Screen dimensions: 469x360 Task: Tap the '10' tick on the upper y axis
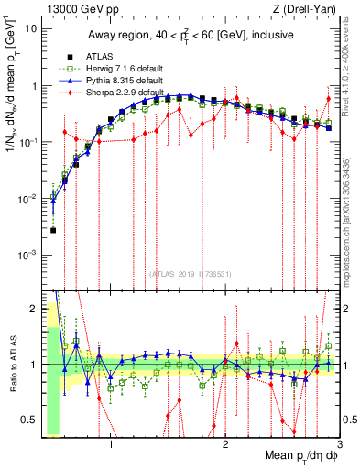32,28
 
